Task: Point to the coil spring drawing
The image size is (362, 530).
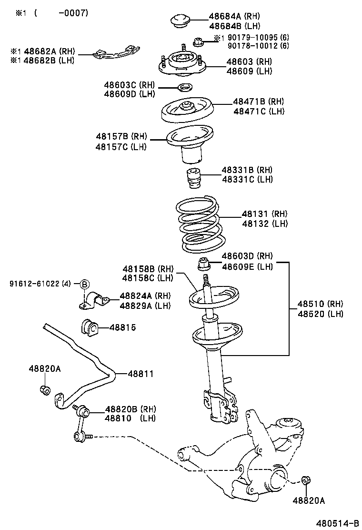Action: coord(199,224)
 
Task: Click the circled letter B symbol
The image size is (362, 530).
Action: coord(84,284)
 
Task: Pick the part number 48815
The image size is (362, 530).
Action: coord(122,327)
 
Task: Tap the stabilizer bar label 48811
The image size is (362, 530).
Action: coord(141,374)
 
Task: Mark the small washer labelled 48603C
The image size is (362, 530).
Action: coord(184,87)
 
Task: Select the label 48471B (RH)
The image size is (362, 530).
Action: coord(258,102)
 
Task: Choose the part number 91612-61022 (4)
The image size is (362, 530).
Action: coord(40,284)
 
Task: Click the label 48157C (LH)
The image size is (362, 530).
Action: coord(121,146)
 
